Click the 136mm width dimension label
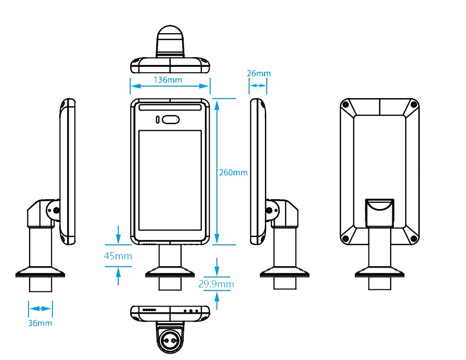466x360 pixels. (x=168, y=80)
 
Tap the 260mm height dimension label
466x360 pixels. (x=233, y=172)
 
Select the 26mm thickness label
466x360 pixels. (x=258, y=74)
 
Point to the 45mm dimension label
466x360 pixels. (x=118, y=256)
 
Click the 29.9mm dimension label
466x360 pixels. (x=216, y=284)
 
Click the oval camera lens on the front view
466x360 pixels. (x=170, y=120)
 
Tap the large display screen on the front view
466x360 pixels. (x=170, y=180)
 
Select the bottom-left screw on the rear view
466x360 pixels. (x=346, y=238)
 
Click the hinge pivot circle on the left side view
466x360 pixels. (x=55, y=210)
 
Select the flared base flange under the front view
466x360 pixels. (x=170, y=272)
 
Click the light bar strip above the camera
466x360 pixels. (x=170, y=107)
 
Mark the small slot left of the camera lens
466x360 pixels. (x=157, y=120)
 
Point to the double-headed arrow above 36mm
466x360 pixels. (x=40, y=309)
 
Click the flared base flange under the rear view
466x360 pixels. (x=379, y=272)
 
